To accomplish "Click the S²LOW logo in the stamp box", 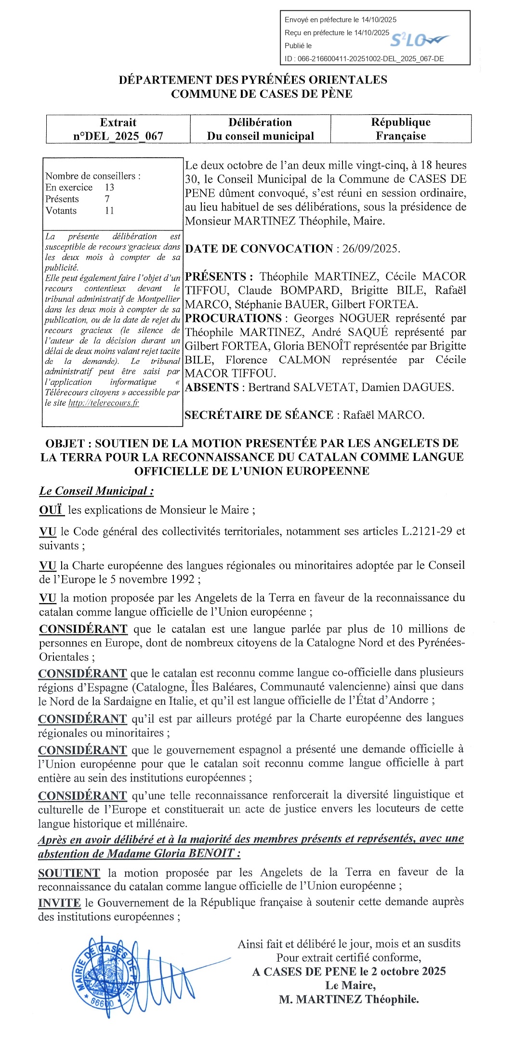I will (x=418, y=40).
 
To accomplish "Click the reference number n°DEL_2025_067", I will (x=118, y=136).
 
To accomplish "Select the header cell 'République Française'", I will (x=401, y=129).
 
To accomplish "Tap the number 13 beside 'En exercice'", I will (x=109, y=188).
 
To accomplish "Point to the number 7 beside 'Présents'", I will (x=107, y=199).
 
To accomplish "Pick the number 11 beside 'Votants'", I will (x=109, y=211).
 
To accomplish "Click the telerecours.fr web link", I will (x=104, y=403).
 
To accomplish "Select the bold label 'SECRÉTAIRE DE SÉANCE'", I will (x=259, y=415).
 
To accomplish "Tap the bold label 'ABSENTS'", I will (x=212, y=388).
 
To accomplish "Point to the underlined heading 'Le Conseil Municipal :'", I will (x=96, y=491).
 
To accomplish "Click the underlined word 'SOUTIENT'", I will (x=69, y=873).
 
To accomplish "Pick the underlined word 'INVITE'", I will (x=59, y=903).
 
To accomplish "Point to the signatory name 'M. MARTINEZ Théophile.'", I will (x=349, y=999).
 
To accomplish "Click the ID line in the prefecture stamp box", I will (x=364, y=59).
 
